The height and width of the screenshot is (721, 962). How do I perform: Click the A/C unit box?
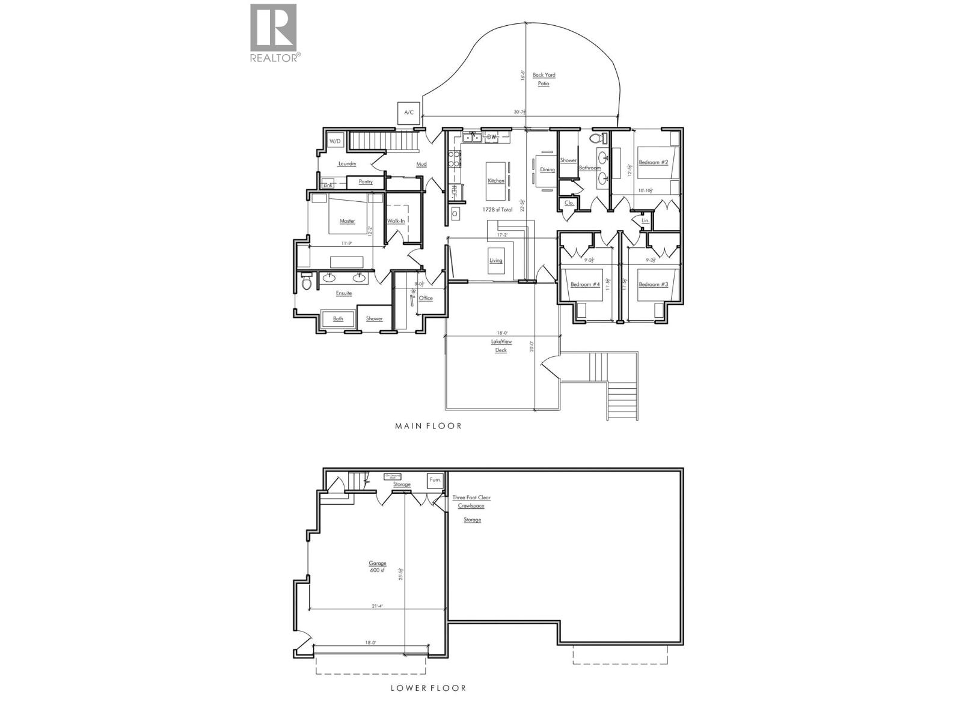pyautogui.click(x=409, y=112)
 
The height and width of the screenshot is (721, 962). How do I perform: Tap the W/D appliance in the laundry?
pyautogui.click(x=335, y=141)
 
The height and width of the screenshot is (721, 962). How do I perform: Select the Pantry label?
pyautogui.click(x=365, y=181)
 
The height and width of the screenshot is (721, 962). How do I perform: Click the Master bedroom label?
pyautogui.click(x=347, y=221)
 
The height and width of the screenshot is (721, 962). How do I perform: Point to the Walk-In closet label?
pyautogui.click(x=396, y=221)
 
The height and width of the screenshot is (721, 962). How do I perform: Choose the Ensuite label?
pyautogui.click(x=344, y=293)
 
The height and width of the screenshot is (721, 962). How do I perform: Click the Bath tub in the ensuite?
pyautogui.click(x=338, y=318)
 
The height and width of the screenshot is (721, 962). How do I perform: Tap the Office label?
pyautogui.click(x=426, y=298)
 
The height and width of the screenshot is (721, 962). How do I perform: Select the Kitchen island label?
pyautogui.click(x=496, y=181)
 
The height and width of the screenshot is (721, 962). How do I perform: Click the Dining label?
pyautogui.click(x=547, y=169)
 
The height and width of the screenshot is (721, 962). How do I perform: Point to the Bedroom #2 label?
pyautogui.click(x=654, y=162)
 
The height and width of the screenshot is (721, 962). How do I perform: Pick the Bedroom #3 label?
pyautogui.click(x=654, y=284)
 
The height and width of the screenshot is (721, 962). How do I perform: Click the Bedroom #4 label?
pyautogui.click(x=585, y=284)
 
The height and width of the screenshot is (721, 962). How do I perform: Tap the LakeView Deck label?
pyautogui.click(x=501, y=345)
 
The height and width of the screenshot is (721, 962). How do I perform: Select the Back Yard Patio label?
pyautogui.click(x=544, y=79)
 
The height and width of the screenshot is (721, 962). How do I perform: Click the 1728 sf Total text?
pyautogui.click(x=497, y=210)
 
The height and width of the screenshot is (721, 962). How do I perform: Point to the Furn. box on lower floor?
pyautogui.click(x=435, y=480)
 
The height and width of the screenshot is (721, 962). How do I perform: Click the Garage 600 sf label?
pyautogui.click(x=378, y=567)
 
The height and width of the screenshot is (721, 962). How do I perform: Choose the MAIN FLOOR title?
pyautogui.click(x=428, y=426)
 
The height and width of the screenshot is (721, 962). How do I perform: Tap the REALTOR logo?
pyautogui.click(x=274, y=33)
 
